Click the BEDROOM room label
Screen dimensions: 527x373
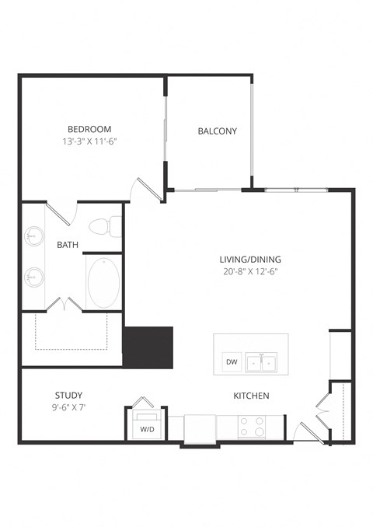click(89, 129)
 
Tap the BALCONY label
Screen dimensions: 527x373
click(217, 131)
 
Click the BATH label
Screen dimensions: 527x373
click(68, 244)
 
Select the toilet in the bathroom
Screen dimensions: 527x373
click(105, 227)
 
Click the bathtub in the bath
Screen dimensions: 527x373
click(103, 284)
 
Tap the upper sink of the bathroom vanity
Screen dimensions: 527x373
click(33, 234)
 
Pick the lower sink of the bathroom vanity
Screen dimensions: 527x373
click(33, 275)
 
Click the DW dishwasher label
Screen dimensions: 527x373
click(231, 362)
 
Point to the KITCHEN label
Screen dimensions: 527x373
click(251, 396)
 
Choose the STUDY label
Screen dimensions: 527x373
click(68, 395)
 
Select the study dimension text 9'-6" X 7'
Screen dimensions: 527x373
click(68, 407)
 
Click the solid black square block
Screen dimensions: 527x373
click(148, 346)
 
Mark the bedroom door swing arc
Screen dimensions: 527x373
click(146, 188)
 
